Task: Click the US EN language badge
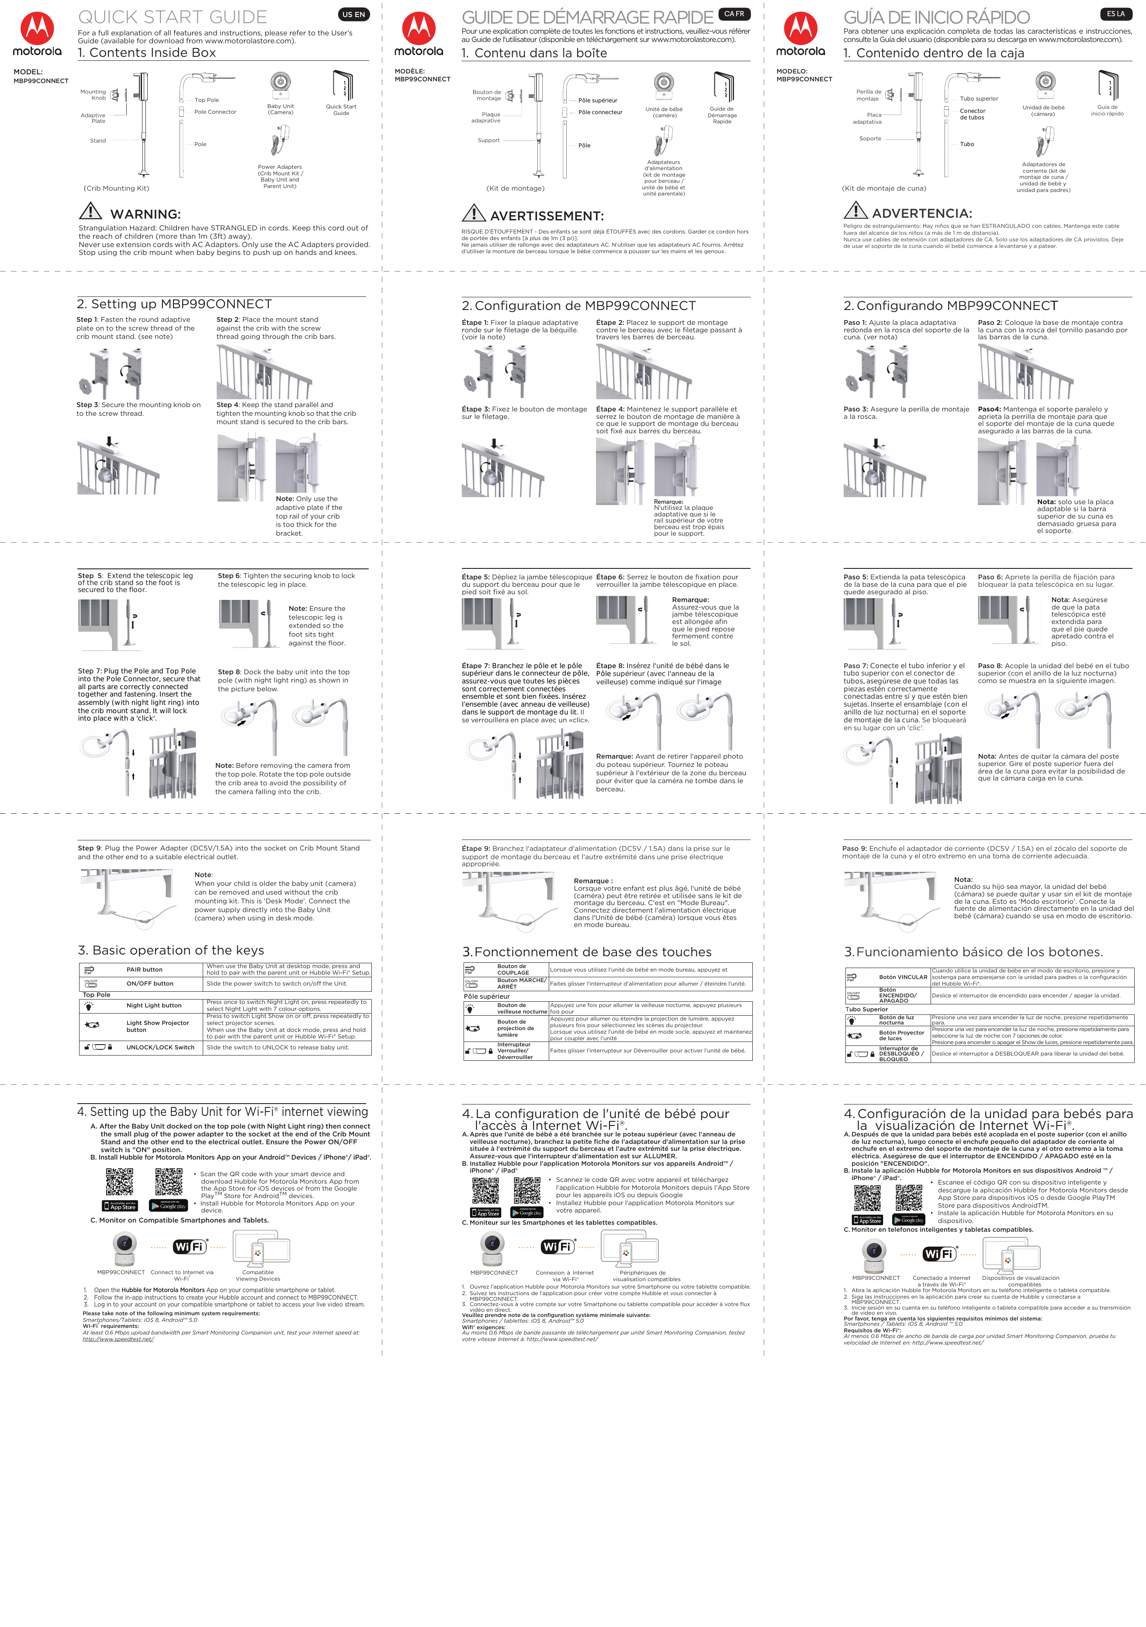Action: click(x=353, y=14)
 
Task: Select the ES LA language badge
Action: click(x=1115, y=14)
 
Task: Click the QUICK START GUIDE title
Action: click(x=172, y=17)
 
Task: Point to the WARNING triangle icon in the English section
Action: click(x=91, y=211)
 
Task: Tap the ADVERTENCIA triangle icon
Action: click(x=855, y=210)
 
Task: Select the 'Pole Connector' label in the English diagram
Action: click(x=215, y=112)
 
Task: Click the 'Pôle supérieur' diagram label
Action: click(x=598, y=101)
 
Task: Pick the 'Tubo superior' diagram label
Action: click(x=979, y=99)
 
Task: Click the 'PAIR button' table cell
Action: click(x=145, y=969)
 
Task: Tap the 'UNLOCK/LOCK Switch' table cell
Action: click(x=160, y=1047)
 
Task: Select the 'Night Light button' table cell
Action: click(x=154, y=1006)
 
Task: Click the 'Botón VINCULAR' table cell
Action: click(x=903, y=977)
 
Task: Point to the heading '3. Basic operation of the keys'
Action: click(x=171, y=950)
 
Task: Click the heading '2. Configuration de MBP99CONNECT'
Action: click(x=578, y=305)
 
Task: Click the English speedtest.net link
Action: click(x=118, y=1339)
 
